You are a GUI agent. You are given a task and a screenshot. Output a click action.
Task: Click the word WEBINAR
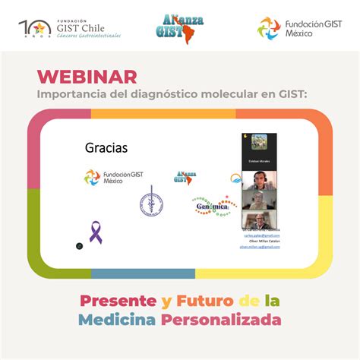(x=87, y=77)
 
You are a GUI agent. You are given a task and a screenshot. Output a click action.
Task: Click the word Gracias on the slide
(x=106, y=147)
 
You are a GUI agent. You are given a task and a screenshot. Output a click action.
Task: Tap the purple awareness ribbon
(x=96, y=232)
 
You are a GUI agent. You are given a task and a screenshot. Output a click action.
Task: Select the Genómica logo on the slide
(x=212, y=206)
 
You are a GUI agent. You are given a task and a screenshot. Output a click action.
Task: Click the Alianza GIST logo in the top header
(x=179, y=29)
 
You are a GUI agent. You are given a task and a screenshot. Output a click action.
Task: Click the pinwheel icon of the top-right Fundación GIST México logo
(x=269, y=29)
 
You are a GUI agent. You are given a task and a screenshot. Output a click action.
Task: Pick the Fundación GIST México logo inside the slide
(x=114, y=178)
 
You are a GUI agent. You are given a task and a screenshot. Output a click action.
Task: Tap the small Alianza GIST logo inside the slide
(x=185, y=177)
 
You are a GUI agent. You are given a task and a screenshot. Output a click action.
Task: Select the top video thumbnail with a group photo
(x=260, y=142)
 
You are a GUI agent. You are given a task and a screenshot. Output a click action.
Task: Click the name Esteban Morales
(x=260, y=160)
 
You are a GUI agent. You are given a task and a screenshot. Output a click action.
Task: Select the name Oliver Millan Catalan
(x=260, y=242)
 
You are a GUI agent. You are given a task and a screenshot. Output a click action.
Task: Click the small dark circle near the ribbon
(x=78, y=246)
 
